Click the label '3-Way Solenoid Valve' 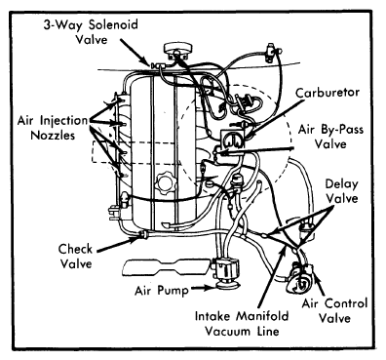click(91, 32)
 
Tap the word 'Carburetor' click(328, 93)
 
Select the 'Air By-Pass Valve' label click(330, 137)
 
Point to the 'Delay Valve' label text click(342, 191)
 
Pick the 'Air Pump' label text click(162, 290)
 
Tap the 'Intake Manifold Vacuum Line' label click(242, 324)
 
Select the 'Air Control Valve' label click(334, 310)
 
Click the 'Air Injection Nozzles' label click(53, 128)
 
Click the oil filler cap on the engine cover click(166, 181)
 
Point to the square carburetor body click(233, 140)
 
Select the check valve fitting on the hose click(142, 234)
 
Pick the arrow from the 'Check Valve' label click(119, 245)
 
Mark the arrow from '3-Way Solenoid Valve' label click(135, 53)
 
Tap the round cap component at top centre click(177, 50)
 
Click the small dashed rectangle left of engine click(105, 152)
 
